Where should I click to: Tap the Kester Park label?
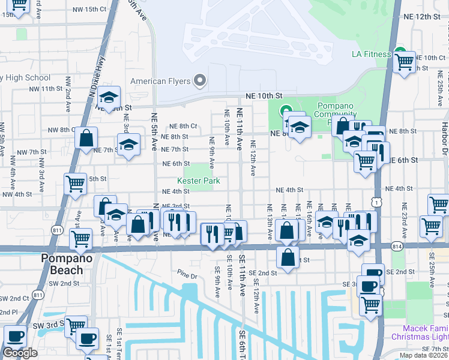[x=198, y=181]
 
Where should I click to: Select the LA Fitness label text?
[x=371, y=55]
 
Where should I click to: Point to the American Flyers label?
[x=161, y=81]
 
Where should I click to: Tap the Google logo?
[x=20, y=353]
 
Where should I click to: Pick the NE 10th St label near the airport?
[x=262, y=96]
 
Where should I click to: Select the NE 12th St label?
[x=422, y=16]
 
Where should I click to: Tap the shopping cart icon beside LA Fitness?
[x=405, y=61]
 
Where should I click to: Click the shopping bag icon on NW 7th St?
[x=86, y=138]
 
